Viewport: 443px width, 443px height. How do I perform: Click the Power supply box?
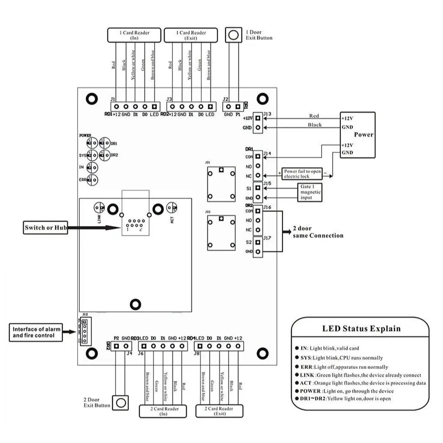[x=358, y=135]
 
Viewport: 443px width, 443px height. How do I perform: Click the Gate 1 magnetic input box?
[x=310, y=192]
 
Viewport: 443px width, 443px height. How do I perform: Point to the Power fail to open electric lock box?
[x=303, y=173]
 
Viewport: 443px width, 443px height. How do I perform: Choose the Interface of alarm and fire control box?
[x=35, y=332]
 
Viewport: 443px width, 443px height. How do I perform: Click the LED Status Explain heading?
[x=361, y=329]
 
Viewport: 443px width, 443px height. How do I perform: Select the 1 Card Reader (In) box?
[x=135, y=35]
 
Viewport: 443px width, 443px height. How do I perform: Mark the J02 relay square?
[x=220, y=232]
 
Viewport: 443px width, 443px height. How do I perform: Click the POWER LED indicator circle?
[x=92, y=143]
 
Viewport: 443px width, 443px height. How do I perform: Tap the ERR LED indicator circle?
[x=92, y=180]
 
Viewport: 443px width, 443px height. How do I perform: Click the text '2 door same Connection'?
[x=318, y=233]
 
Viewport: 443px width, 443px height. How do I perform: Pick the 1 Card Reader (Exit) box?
[x=191, y=35]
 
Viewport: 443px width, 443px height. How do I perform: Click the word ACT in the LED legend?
[x=307, y=383]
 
